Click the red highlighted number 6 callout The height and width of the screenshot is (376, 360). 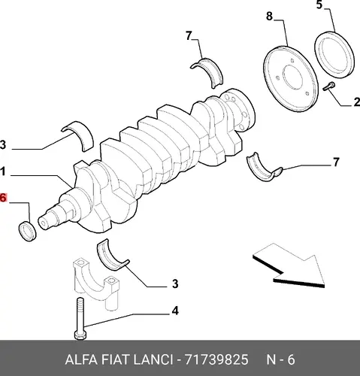(x=2, y=198)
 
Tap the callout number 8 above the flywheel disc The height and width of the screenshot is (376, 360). (x=269, y=17)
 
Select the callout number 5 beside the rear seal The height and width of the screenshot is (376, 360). (x=319, y=5)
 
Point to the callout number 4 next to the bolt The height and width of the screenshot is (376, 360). (x=175, y=311)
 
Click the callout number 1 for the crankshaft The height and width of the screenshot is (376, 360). (x=2, y=172)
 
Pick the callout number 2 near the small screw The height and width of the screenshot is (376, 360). (x=357, y=102)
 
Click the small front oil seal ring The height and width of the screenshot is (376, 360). (x=28, y=231)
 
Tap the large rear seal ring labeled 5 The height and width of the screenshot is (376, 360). (x=334, y=55)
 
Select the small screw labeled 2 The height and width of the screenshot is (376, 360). (x=328, y=86)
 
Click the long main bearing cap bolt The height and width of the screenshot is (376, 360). (x=80, y=318)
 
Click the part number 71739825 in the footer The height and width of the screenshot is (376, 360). (x=216, y=359)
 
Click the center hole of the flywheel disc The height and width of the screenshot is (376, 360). (x=292, y=77)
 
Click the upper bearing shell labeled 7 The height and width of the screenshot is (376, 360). (x=207, y=71)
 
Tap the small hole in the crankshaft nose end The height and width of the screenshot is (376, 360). (x=43, y=223)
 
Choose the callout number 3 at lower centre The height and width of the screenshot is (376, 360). (x=175, y=284)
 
